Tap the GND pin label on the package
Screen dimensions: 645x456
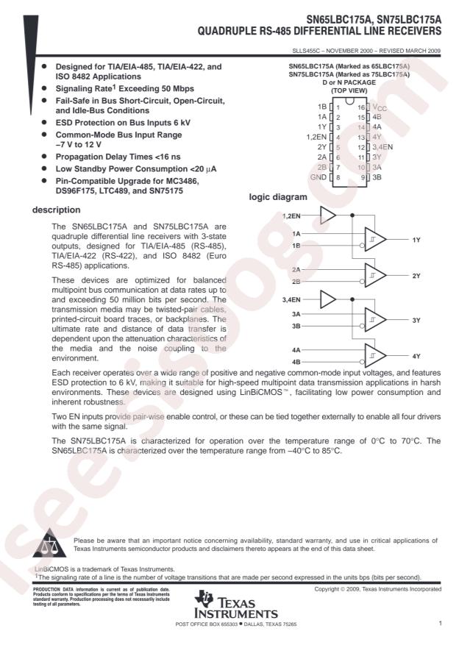point(317,177)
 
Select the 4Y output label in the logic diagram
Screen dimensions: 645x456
point(416,356)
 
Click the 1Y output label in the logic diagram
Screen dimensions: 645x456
point(416,240)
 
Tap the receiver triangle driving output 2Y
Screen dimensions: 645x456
point(374,275)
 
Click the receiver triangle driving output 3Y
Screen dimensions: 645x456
point(374,320)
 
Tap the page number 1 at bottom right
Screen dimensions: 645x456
point(439,623)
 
